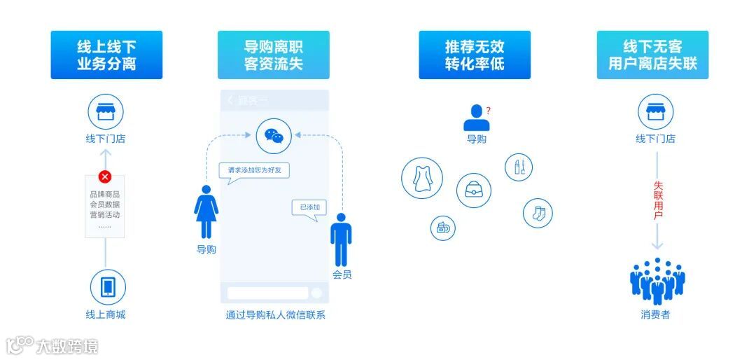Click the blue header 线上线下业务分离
pos(106,55)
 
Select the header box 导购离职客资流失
pos(273,55)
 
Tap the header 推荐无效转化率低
pos(474,55)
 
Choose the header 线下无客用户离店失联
pos(652,55)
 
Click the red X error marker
pos(105,176)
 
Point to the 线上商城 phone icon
pos(108,286)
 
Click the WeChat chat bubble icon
pos(274,136)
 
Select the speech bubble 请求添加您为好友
pos(253,170)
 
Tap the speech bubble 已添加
pos(309,207)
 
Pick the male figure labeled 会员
pos(341,240)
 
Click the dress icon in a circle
pos(421,178)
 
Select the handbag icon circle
pos(474,190)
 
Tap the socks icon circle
pos(538,213)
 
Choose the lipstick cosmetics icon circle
pos(519,167)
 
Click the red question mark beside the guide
pos(488,111)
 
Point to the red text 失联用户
pos(657,200)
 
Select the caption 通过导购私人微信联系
pos(275,314)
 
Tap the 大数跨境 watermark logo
pos(52,345)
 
